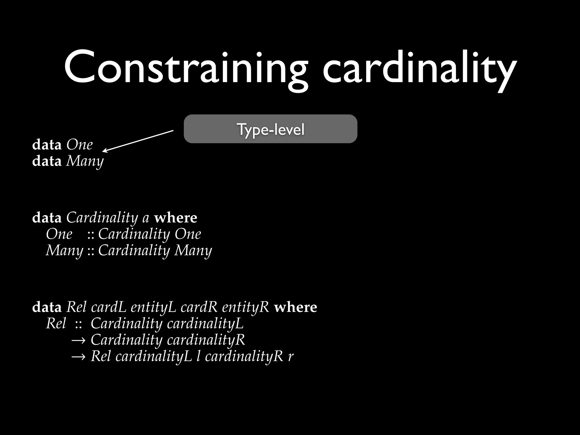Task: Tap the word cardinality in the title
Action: click(x=419, y=68)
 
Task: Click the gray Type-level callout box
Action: click(x=270, y=129)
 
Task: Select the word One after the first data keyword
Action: click(x=80, y=145)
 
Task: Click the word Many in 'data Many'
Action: click(x=85, y=161)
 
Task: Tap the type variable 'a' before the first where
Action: click(x=146, y=218)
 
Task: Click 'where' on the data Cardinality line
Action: click(x=176, y=218)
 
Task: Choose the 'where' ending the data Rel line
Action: click(x=295, y=307)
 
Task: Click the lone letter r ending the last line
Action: click(x=291, y=357)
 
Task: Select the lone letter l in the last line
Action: click(x=199, y=356)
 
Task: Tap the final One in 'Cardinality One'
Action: click(x=188, y=234)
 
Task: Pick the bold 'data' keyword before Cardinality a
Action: click(x=47, y=218)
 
